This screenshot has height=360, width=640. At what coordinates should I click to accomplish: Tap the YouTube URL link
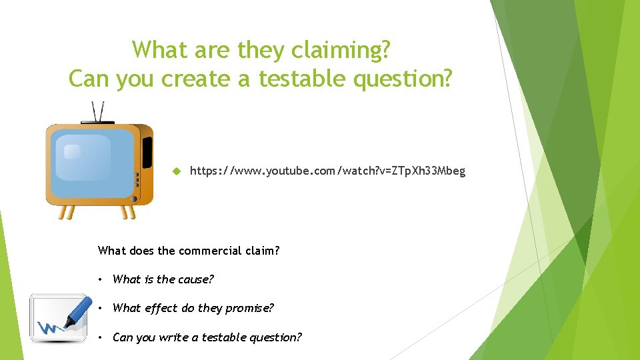327,171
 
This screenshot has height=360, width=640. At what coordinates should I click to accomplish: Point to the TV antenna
98,112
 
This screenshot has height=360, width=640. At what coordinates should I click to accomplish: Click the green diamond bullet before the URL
177,171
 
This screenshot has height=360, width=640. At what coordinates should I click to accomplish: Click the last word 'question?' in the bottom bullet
275,337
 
